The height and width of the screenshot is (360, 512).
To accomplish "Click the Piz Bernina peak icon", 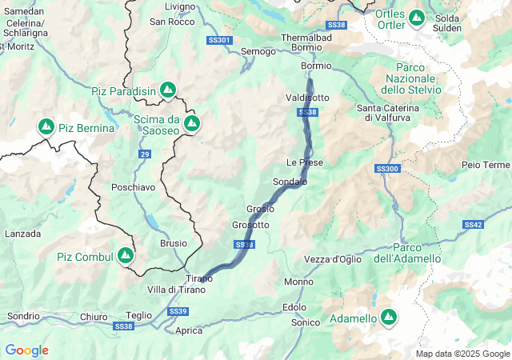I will (46, 127).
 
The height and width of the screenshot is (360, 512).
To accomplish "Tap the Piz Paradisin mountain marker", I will (168, 90).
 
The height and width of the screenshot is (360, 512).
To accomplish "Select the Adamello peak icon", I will (389, 318).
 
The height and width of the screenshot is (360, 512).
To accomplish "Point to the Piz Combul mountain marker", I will (126, 255).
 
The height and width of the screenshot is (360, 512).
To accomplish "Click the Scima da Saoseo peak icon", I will (192, 123).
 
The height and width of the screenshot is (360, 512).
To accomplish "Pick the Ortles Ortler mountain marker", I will (417, 17).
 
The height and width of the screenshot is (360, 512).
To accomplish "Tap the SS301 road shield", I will (218, 40).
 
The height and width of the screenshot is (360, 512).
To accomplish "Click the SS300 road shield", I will (386, 169).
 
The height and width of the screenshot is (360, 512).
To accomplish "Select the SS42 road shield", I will (473, 225).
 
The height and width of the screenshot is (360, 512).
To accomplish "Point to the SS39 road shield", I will (178, 310).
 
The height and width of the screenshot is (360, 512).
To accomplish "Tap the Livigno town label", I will (179, 6).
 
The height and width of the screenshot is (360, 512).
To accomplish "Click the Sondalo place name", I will (290, 182).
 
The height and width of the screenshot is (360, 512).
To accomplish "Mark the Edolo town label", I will (294, 307).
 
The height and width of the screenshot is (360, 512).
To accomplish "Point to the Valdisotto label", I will (307, 98).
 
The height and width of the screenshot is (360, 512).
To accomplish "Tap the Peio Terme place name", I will (486, 164).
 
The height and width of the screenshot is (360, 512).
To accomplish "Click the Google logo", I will (26, 350).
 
